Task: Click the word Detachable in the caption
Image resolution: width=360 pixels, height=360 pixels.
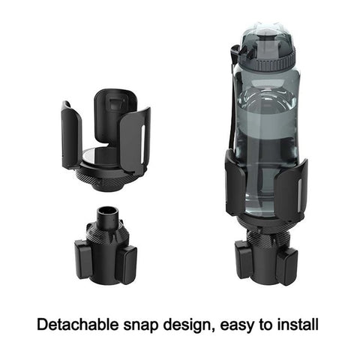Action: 77,325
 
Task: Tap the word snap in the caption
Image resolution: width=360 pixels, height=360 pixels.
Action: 141,326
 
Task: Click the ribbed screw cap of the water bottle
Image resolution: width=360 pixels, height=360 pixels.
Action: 268,61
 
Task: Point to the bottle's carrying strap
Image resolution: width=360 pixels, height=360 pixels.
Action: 232,100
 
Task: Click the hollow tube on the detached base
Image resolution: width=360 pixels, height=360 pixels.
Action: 108,215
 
